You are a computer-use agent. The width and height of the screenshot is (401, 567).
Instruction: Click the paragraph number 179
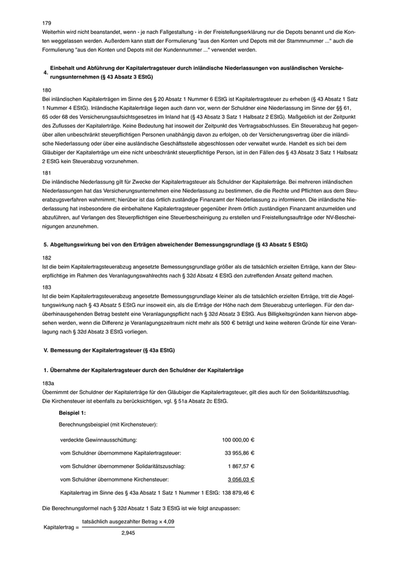tap(47, 23)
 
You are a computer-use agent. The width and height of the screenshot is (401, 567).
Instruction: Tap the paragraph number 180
tap(47, 90)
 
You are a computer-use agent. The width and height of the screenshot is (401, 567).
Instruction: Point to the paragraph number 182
tap(47, 258)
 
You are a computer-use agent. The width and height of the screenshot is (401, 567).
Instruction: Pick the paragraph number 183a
tap(49, 383)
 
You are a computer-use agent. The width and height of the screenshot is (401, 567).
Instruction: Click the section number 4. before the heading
tap(45, 73)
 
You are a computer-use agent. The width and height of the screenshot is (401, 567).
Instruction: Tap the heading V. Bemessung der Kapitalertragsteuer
tap(109, 349)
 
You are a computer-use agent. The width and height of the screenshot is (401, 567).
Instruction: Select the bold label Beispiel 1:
tap(72, 413)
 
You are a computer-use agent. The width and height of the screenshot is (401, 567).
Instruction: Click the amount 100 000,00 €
tap(238, 440)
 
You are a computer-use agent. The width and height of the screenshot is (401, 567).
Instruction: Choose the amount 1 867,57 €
tap(241, 466)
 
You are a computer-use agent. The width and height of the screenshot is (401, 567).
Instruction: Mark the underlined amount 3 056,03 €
tap(241, 479)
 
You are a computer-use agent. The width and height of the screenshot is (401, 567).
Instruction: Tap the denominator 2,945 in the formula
tap(128, 533)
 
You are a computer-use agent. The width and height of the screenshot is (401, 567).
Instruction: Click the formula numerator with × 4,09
tap(128, 522)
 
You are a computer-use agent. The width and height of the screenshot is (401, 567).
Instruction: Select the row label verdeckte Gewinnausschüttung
tap(99, 440)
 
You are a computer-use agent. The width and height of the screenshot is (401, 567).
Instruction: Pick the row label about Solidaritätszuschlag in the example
tap(123, 466)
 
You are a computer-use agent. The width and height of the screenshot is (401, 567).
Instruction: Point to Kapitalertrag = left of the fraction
tap(61, 527)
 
